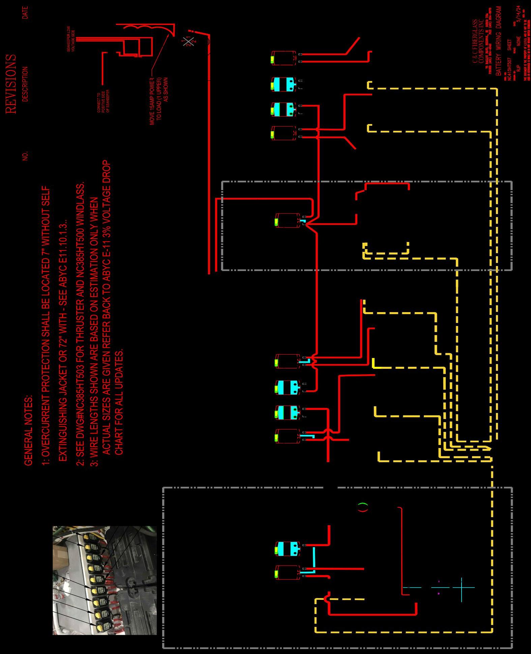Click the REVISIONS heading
tap(10, 84)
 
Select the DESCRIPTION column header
tap(25, 84)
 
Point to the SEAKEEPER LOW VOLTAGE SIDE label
tap(71, 39)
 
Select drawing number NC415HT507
tap(510, 69)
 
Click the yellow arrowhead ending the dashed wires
tap(488, 448)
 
